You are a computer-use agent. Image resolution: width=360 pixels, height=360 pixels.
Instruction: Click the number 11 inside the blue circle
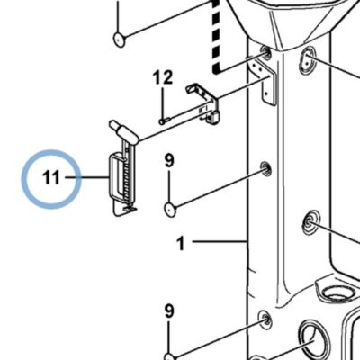click(x=51, y=178)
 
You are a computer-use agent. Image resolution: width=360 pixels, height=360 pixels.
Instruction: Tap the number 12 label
click(x=163, y=77)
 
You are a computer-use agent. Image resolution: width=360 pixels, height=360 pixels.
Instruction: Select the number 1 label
click(x=180, y=243)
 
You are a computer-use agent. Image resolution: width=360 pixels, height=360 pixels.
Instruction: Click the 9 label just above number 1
click(x=169, y=161)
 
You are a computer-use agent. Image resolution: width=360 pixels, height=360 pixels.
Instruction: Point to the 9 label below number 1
click(x=169, y=311)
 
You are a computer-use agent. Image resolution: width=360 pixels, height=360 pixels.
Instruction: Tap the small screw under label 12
click(x=165, y=121)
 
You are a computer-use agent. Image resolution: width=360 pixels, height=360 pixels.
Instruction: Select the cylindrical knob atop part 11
click(x=123, y=131)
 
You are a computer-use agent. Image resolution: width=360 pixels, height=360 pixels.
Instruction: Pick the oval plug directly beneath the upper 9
click(x=170, y=210)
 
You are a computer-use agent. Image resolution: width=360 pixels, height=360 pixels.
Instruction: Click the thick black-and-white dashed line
click(x=215, y=36)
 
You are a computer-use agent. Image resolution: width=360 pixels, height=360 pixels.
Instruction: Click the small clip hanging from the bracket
click(x=213, y=118)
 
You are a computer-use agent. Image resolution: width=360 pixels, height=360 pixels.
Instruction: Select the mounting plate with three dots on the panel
click(x=265, y=82)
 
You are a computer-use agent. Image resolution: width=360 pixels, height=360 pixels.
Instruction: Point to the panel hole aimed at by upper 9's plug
click(x=265, y=169)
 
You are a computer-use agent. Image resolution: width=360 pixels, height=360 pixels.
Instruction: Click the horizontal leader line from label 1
click(x=219, y=241)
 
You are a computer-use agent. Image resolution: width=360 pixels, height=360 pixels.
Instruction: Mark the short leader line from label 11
click(x=86, y=177)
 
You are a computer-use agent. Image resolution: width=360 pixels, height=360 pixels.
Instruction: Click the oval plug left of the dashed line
click(x=120, y=40)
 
